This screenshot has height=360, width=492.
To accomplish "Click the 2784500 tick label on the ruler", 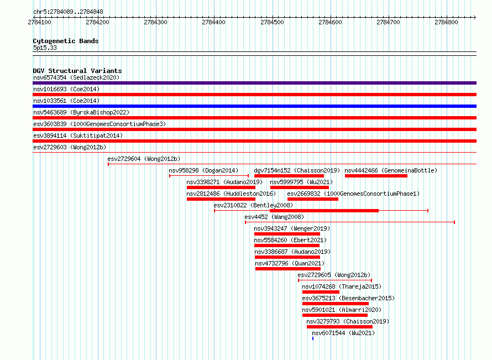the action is pyautogui.click(x=272, y=22).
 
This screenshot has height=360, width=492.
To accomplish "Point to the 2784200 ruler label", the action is pyautogui.click(x=97, y=22).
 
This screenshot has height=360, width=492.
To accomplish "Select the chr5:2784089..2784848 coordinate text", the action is pyautogui.click(x=68, y=12).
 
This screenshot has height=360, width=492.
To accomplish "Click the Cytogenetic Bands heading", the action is pyautogui.click(x=66, y=41).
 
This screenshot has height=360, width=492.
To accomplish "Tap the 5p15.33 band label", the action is pyautogui.click(x=45, y=48).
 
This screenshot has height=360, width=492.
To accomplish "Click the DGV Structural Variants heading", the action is pyautogui.click(x=77, y=71).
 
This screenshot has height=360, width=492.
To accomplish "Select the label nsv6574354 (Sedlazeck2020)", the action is pyautogui.click(x=76, y=77).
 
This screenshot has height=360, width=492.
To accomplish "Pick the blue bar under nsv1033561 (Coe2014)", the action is pyautogui.click(x=254, y=106).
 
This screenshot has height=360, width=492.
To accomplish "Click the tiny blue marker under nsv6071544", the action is pyautogui.click(x=313, y=338).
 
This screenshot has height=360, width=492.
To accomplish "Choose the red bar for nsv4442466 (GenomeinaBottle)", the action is pyautogui.click(x=376, y=176).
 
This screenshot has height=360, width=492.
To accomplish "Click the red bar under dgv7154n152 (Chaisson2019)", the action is pyautogui.click(x=289, y=176).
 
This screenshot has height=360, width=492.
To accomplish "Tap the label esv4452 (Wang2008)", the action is pyautogui.click(x=274, y=217).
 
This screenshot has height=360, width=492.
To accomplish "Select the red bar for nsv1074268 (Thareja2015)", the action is pyautogui.click(x=321, y=292).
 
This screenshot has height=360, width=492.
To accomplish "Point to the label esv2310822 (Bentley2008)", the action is pyautogui.click(x=253, y=205).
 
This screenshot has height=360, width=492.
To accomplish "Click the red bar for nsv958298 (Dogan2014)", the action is pyautogui.click(x=209, y=176).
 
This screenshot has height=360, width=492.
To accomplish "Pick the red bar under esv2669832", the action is pyautogui.click(x=313, y=199).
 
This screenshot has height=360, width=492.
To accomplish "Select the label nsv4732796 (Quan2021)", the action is pyautogui.click(x=290, y=263).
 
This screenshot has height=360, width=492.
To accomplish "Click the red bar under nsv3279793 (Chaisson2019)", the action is pyautogui.click(x=339, y=327).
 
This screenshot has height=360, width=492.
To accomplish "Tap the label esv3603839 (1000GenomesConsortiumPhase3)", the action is pyautogui.click(x=100, y=124).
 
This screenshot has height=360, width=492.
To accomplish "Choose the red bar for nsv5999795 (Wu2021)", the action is pyautogui.click(x=300, y=187).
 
